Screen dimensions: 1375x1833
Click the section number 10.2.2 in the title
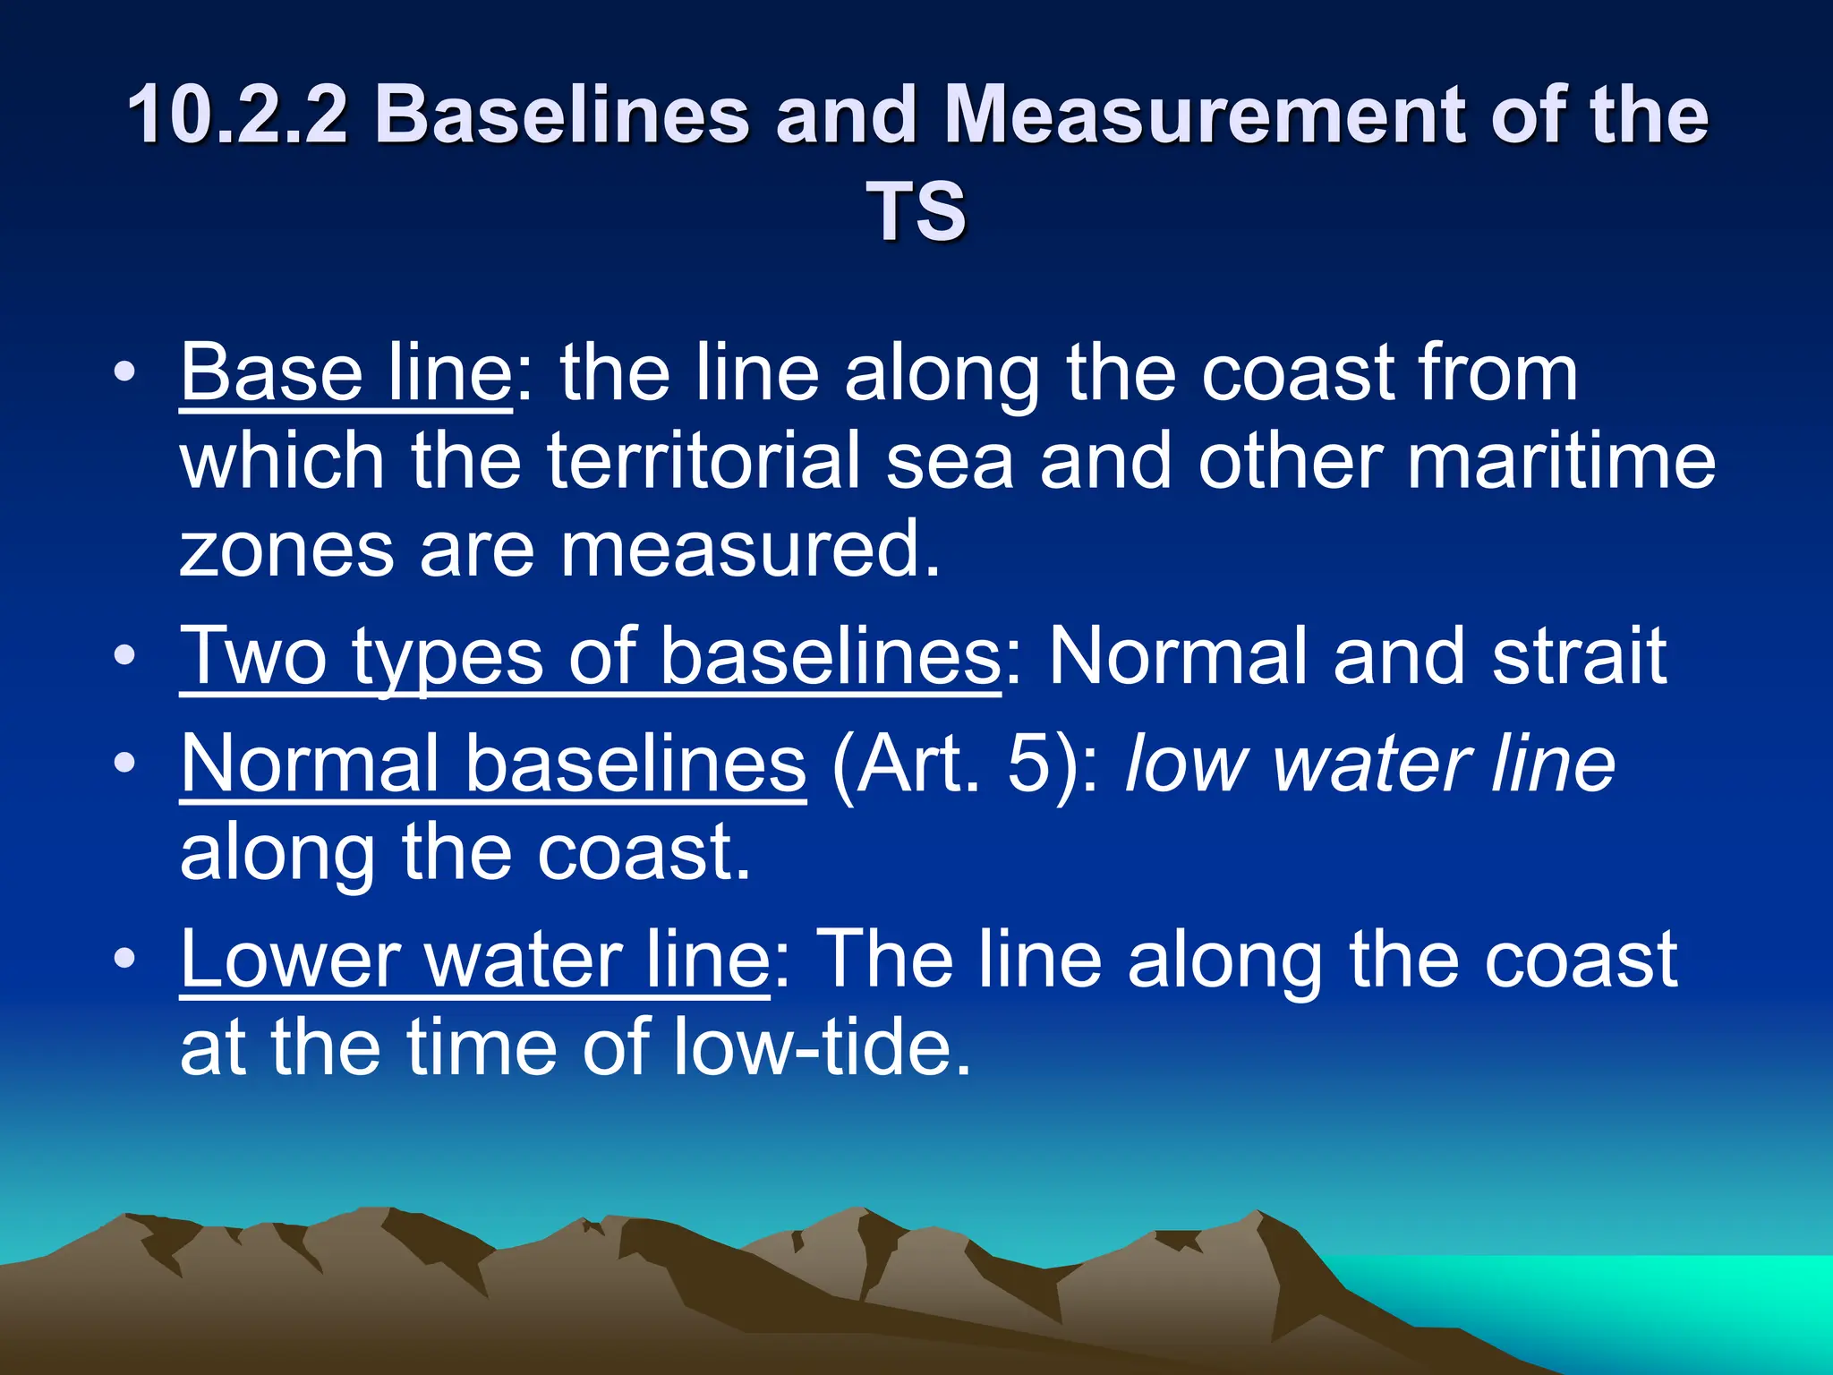point(236,115)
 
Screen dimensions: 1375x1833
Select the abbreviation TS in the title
point(916,211)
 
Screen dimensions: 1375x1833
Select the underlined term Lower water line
point(475,959)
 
